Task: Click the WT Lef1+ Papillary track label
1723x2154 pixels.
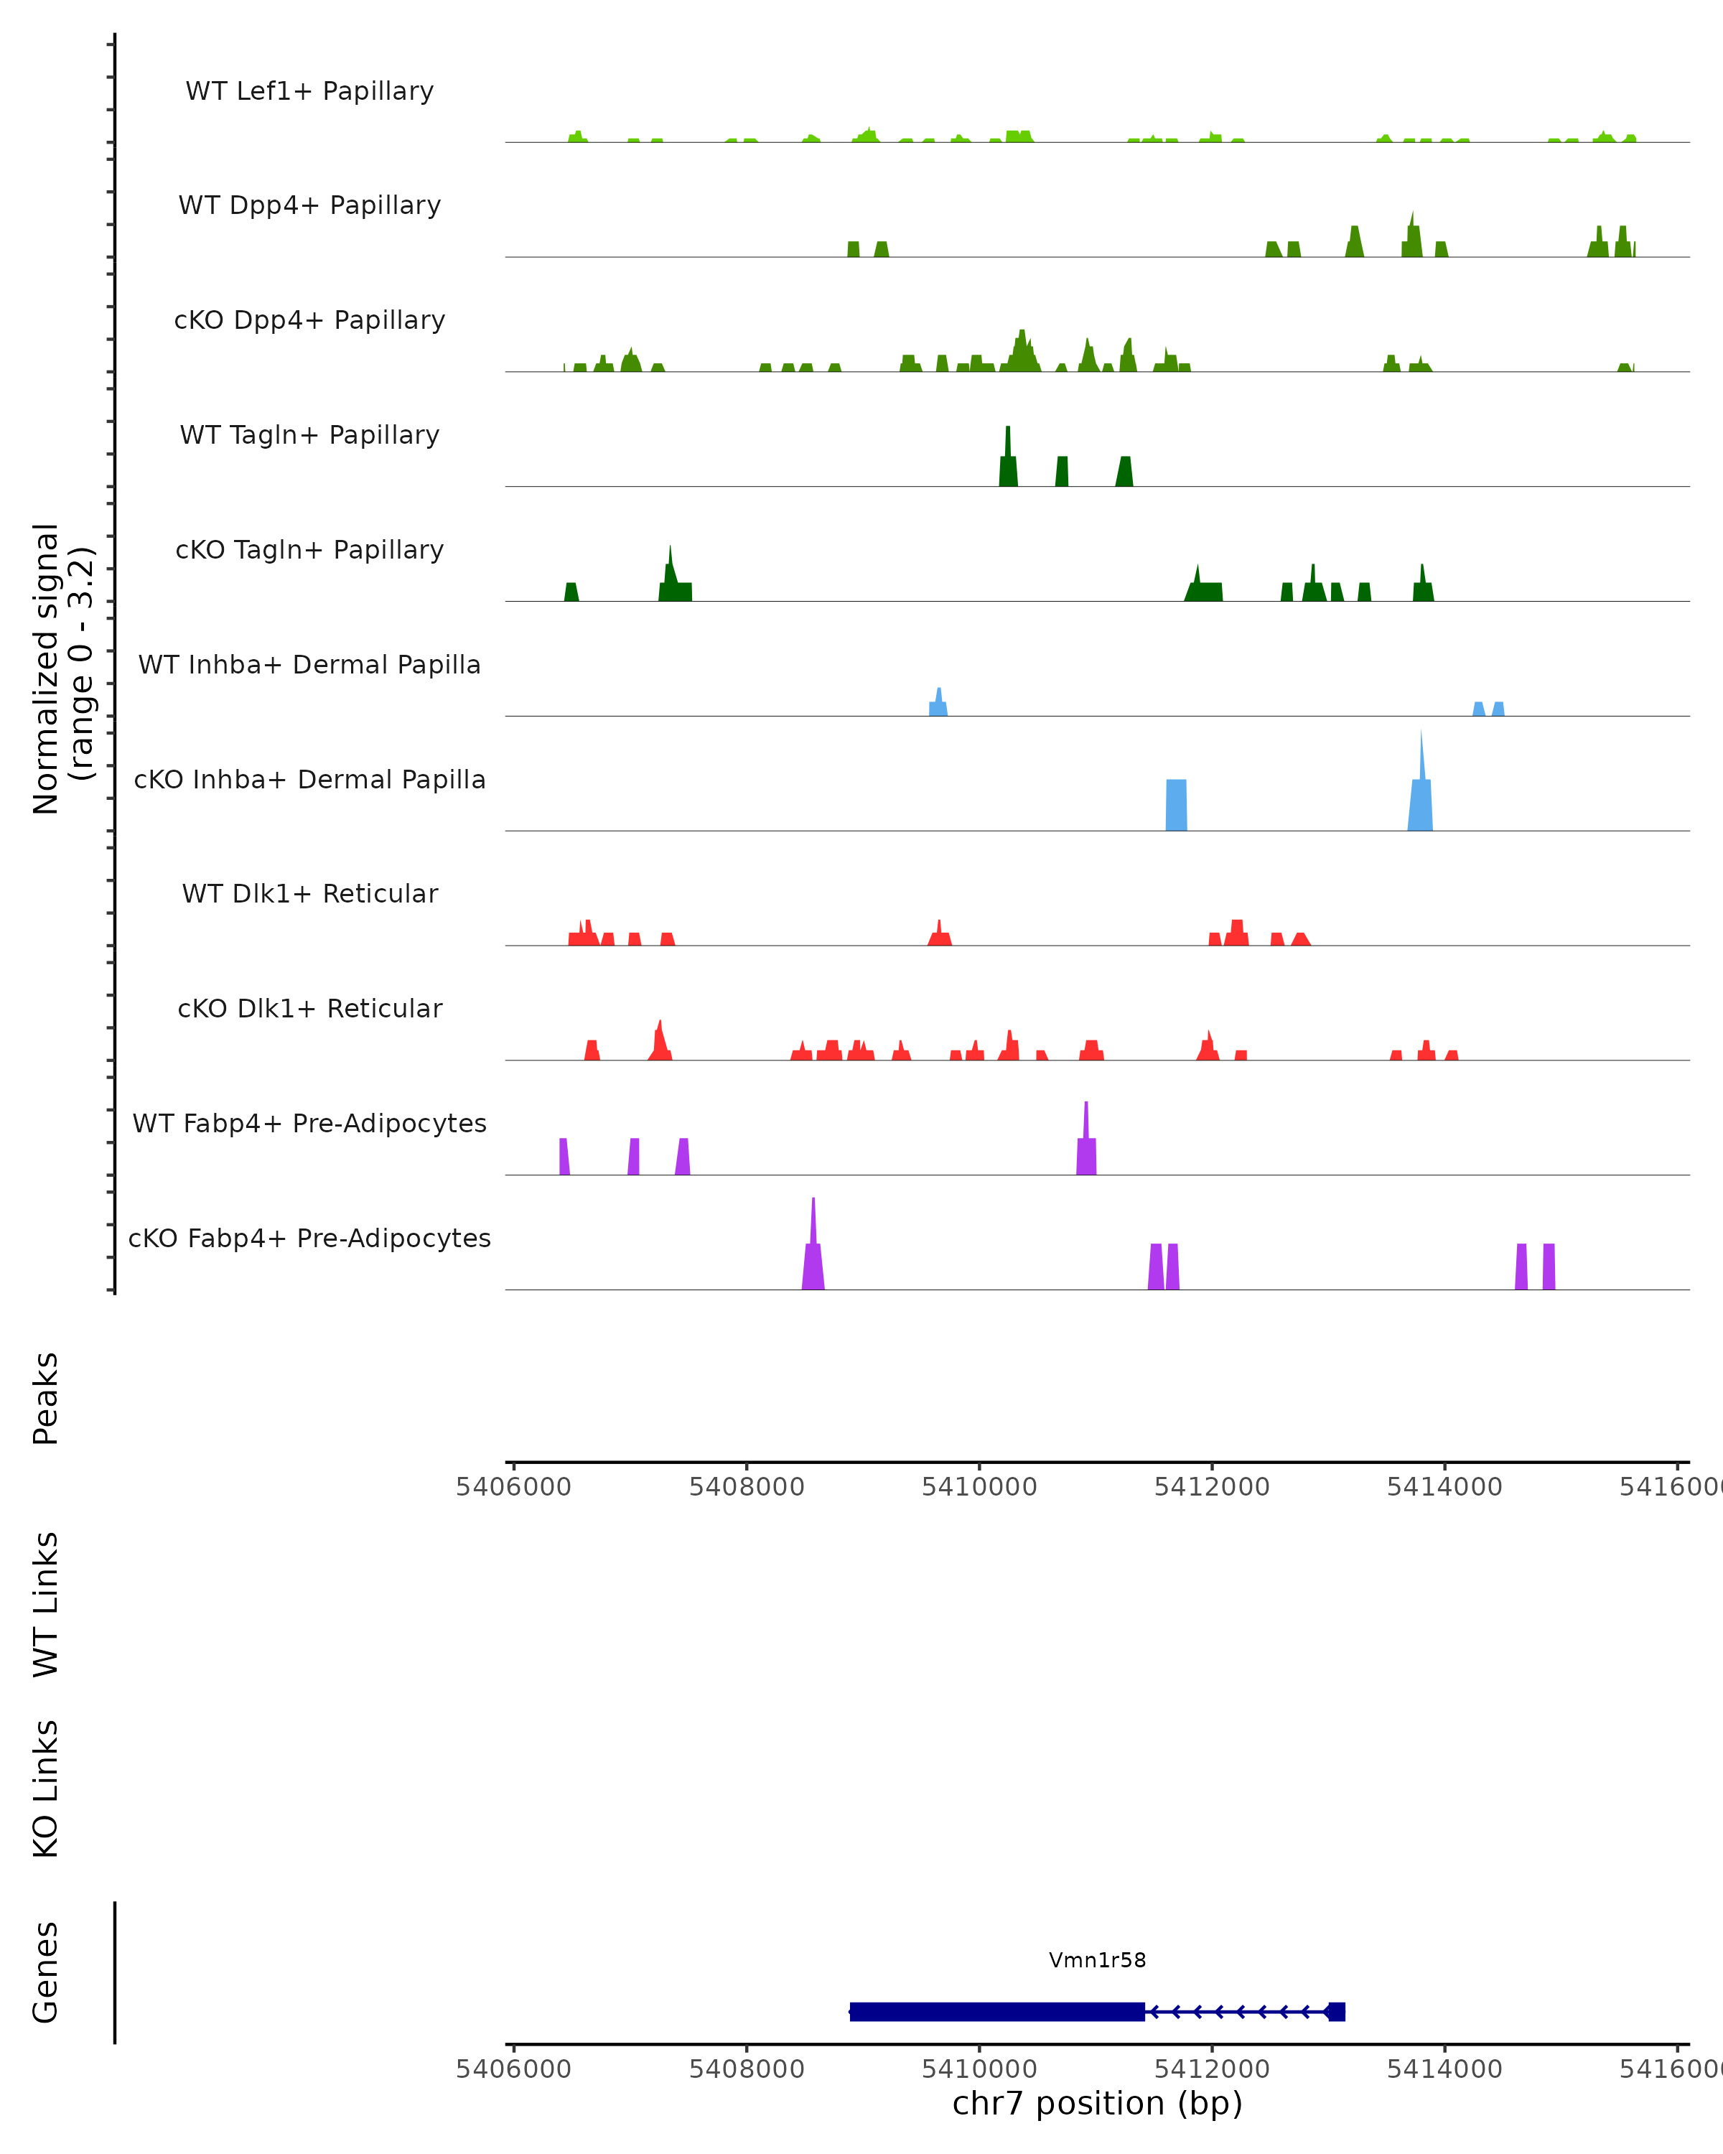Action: coord(309,91)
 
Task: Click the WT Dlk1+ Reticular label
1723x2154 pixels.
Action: coord(309,893)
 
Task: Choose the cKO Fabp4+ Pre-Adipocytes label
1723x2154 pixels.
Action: coord(309,1238)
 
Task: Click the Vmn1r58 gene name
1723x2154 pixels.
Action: coord(1097,1960)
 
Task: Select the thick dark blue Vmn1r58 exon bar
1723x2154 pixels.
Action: coord(997,2011)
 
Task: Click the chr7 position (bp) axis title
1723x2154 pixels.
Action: coord(1097,2103)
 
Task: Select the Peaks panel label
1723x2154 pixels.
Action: coord(46,1399)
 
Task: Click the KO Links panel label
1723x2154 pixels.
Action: coord(46,1789)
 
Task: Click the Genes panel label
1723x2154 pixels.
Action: coord(46,1972)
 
